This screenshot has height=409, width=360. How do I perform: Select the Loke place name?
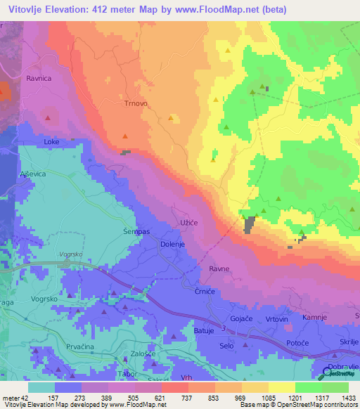point(51,141)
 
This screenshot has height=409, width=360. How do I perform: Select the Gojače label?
point(242,319)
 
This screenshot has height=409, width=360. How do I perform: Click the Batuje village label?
point(203,330)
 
